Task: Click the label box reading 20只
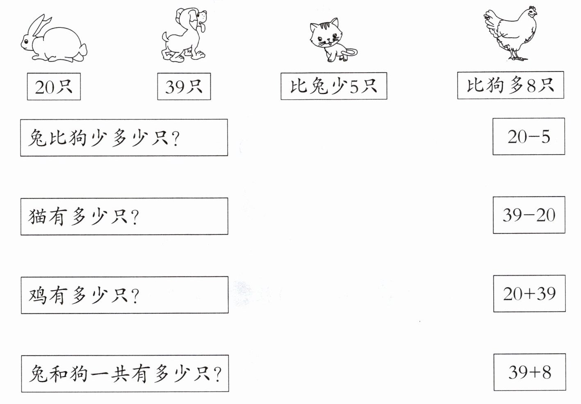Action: coord(54,87)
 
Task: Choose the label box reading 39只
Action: coord(184,87)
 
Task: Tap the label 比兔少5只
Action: coord(334,86)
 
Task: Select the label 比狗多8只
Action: coord(510,85)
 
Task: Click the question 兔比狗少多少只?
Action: coord(124,138)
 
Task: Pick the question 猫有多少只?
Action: coord(124,217)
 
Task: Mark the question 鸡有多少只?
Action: coord(125,295)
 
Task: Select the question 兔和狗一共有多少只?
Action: coord(125,374)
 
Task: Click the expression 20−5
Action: coord(529,137)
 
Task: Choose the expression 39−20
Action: coord(529,215)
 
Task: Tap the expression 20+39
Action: coord(529,294)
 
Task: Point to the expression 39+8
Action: coord(530,372)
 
